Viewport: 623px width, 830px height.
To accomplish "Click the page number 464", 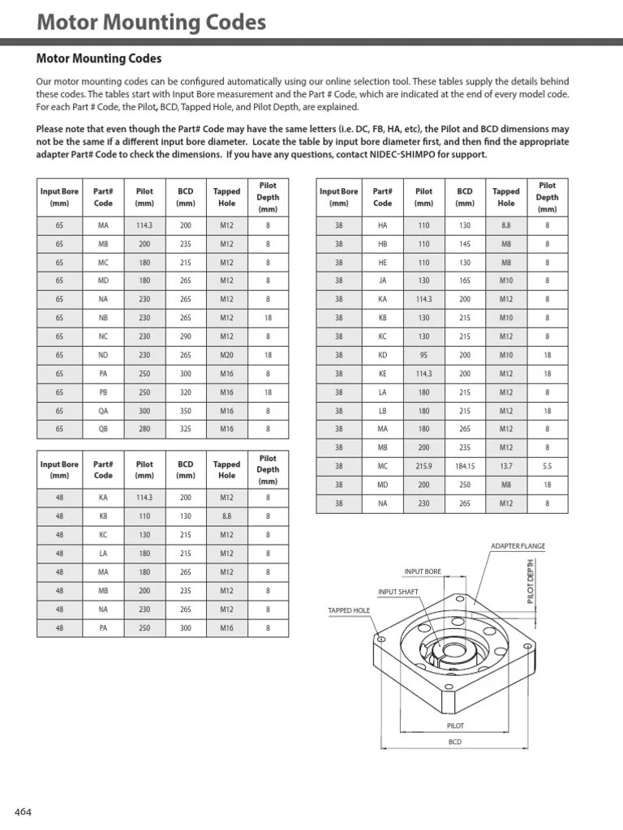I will click(23, 812).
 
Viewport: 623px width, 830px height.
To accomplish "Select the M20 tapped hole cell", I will click(226, 354).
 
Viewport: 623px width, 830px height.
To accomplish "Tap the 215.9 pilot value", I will click(423, 466).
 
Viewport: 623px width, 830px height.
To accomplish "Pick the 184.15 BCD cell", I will click(465, 466).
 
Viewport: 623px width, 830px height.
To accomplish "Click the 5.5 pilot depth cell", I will click(547, 466).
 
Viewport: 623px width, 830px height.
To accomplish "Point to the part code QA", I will click(103, 410).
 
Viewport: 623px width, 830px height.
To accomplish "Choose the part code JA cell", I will click(382, 280).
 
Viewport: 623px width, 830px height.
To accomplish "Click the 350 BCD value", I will click(186, 410).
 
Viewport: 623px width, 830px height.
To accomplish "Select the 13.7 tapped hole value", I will click(505, 466).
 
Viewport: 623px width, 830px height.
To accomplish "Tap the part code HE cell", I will click(382, 262).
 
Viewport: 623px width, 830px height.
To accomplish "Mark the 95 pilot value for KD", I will click(423, 354).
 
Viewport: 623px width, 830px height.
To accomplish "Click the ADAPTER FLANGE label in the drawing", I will click(518, 546).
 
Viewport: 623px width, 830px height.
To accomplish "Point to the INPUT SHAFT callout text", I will click(398, 592).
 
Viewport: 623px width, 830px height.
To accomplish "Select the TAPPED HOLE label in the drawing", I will click(349, 610).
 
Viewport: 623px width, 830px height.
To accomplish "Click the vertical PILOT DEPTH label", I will click(531, 580).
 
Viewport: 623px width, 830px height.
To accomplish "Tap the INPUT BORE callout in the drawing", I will click(423, 571).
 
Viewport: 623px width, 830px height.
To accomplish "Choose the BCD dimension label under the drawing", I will click(455, 742).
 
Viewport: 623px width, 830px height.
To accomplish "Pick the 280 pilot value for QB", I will click(144, 429).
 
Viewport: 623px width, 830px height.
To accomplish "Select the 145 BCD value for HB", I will click(465, 243).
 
